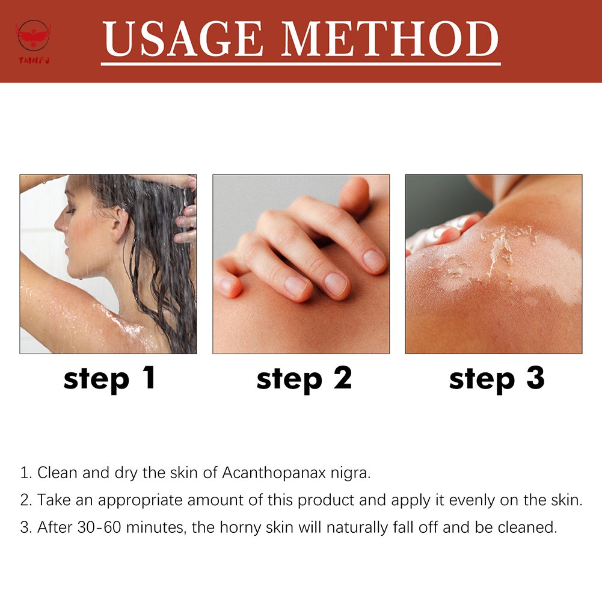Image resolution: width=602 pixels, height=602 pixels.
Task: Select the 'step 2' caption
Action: click(x=304, y=379)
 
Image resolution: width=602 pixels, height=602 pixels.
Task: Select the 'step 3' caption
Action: click(x=496, y=379)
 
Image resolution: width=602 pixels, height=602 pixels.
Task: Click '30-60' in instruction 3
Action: click(x=96, y=528)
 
